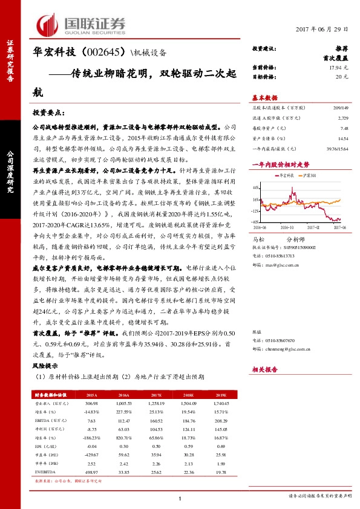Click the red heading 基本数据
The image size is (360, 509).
[265, 97]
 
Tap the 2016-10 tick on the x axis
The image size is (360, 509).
[287, 227]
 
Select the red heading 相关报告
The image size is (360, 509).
[265, 369]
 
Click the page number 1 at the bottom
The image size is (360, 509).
[180, 498]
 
